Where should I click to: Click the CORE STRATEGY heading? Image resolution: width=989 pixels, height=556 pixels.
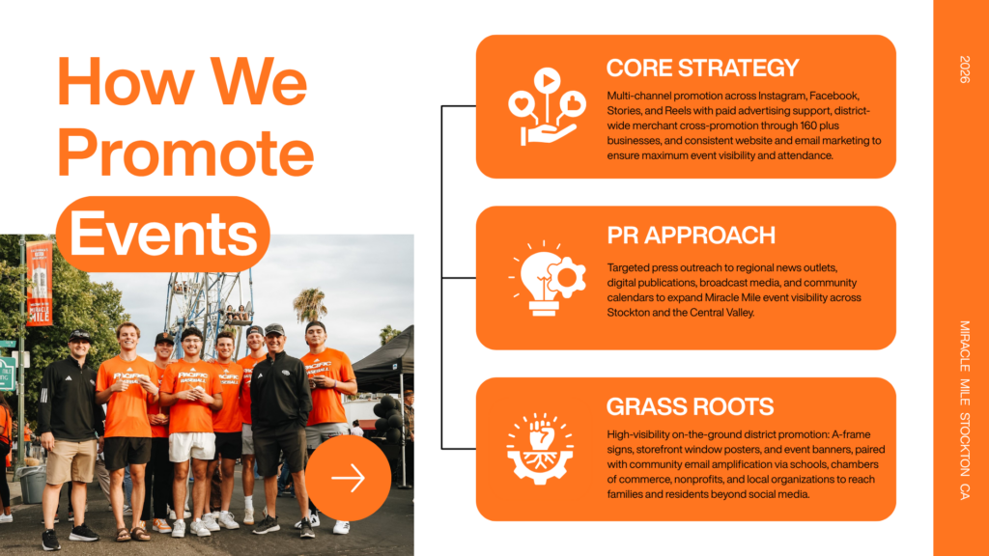703,69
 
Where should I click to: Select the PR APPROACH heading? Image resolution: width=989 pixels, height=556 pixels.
691,236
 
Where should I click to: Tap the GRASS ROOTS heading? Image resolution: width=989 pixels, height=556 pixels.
690,406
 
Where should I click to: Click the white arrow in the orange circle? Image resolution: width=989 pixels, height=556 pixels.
348,478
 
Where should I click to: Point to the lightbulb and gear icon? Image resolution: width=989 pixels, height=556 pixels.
547,278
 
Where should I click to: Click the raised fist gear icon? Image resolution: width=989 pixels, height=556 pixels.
541,448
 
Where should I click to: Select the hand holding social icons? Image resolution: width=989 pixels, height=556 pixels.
547,106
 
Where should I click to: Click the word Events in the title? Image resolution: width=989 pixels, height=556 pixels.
163,234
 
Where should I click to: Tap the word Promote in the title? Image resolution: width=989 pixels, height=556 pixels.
185,152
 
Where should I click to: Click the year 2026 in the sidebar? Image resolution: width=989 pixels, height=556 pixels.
965,69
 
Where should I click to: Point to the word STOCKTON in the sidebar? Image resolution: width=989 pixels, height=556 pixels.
965,444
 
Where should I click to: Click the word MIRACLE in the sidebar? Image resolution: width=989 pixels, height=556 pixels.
965,347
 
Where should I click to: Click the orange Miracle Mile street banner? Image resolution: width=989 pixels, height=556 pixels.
39,283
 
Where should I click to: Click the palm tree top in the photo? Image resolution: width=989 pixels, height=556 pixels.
310,304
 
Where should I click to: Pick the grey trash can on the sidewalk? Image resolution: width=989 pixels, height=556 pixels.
33,485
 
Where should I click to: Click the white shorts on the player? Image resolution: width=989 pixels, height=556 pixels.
192,446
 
